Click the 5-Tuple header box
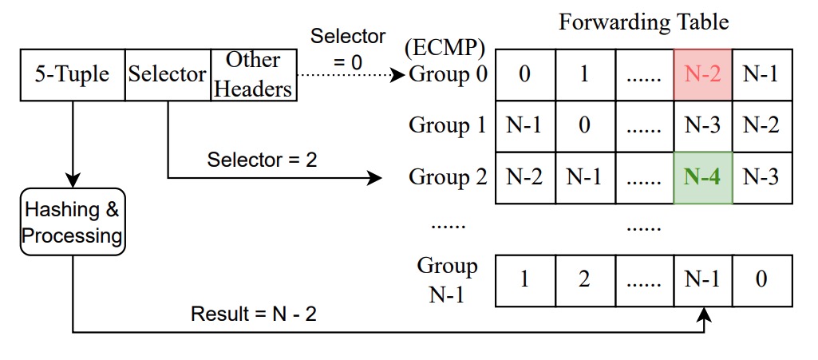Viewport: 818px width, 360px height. coord(73,75)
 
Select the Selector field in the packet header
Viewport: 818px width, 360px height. coord(168,75)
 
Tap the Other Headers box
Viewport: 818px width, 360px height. coord(253,75)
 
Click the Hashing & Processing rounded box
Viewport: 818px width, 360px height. coord(73,223)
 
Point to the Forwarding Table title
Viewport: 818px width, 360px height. coord(643,22)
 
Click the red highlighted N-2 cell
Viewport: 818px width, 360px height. coord(702,75)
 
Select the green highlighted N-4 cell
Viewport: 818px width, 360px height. coord(702,177)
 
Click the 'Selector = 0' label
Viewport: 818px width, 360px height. coord(348,48)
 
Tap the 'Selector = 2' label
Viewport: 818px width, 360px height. coord(262,160)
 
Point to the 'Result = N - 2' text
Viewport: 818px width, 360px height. coord(253,314)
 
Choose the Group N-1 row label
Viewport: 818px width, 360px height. coord(447,280)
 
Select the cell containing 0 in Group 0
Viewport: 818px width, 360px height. coord(524,75)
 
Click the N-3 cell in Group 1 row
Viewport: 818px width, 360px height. coord(702,126)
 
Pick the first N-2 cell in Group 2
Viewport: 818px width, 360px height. coord(524,177)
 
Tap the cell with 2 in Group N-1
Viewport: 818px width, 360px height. coord(584,280)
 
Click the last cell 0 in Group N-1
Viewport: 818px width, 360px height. coord(761,280)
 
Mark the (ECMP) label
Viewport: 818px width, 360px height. coord(445,48)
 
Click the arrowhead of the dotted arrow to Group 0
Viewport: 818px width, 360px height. coord(399,75)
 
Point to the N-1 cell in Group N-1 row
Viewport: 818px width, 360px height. coord(702,280)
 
